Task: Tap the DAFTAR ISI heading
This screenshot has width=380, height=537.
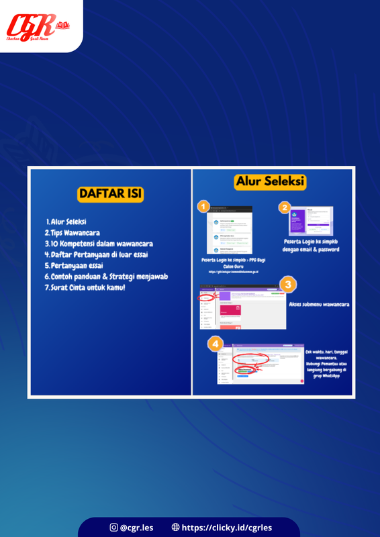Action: pos(111,194)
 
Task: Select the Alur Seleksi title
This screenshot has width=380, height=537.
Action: pos(270,182)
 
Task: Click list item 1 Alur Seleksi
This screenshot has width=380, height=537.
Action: pos(71,221)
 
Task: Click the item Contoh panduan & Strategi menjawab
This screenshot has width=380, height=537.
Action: pos(105,277)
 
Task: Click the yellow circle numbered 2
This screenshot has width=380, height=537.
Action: pos(285,208)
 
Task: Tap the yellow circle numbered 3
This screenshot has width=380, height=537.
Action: pos(287,284)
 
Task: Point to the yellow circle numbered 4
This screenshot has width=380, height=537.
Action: pos(215,344)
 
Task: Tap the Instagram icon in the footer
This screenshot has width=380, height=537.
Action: pos(113,528)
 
